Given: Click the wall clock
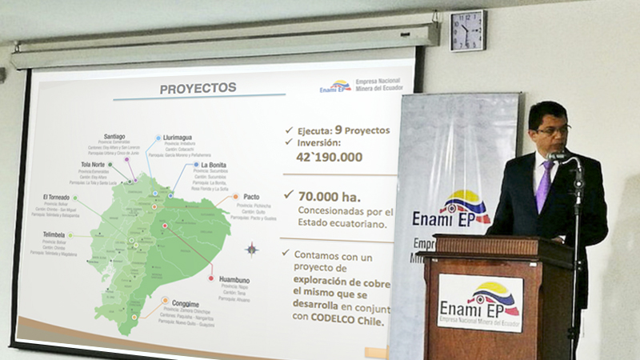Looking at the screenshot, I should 467,31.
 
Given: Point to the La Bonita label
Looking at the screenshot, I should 214,165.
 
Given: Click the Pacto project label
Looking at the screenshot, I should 250,196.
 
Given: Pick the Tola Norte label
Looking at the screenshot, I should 93,165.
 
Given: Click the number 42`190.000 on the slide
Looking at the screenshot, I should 330,158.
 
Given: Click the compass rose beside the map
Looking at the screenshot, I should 251,249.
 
